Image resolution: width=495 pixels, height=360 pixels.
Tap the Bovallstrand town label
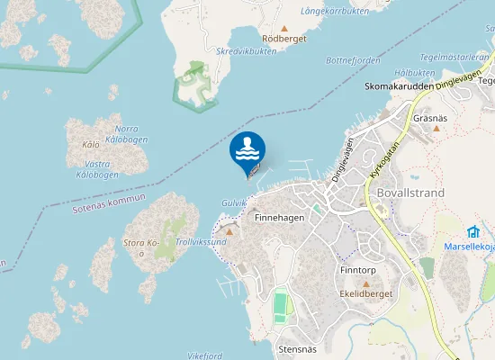412,193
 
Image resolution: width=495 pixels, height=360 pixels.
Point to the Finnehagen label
279,218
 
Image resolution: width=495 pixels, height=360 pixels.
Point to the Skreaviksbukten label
247,51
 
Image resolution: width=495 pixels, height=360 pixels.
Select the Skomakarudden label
400,87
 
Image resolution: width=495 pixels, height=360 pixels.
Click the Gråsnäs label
429,118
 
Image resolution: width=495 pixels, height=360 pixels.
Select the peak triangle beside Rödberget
284,28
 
